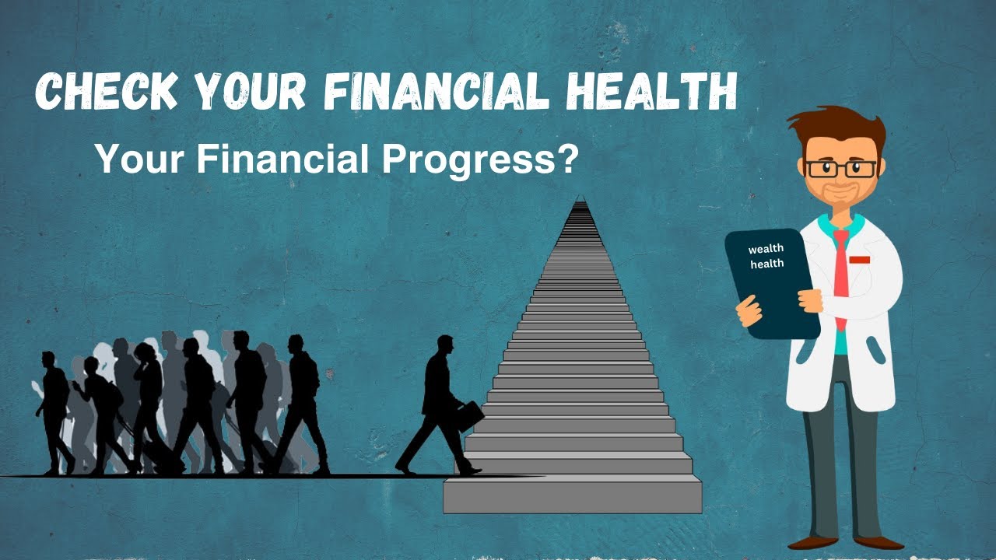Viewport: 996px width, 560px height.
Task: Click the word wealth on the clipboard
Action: [x=766, y=250]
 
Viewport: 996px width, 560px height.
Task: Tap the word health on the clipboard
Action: [x=767, y=264]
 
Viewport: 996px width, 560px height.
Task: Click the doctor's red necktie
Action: [x=841, y=272]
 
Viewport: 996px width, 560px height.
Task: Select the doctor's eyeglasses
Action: [x=841, y=168]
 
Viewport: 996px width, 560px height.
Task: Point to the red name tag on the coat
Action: [x=860, y=259]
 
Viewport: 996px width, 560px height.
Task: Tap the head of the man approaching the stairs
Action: [x=445, y=345]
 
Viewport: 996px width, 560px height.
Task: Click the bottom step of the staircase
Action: [x=573, y=496]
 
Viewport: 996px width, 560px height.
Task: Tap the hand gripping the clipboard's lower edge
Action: [x=749, y=311]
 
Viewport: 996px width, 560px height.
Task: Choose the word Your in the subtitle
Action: [x=140, y=159]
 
